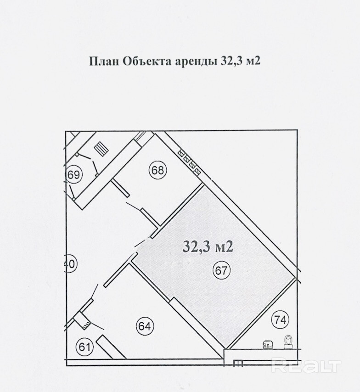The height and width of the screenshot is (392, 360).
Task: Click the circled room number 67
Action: point(221,270)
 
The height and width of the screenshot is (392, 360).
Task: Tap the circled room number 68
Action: point(158,170)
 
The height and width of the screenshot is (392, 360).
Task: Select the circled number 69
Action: point(74,174)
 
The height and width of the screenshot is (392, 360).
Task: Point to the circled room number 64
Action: point(145,326)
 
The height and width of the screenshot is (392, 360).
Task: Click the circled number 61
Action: point(84,347)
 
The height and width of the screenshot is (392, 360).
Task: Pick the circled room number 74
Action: point(280,319)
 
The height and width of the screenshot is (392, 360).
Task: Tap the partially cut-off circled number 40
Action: point(71,264)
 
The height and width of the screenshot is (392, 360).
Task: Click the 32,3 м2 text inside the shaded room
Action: point(208,247)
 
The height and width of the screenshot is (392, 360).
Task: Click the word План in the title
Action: point(104,62)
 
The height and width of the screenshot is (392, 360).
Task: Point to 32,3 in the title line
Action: point(231,62)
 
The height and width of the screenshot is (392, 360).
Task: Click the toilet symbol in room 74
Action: point(289,342)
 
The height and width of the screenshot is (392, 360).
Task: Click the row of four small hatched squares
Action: point(189,162)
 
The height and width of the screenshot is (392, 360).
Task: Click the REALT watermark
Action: point(306,367)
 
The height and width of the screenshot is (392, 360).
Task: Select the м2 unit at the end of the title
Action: point(253,62)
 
